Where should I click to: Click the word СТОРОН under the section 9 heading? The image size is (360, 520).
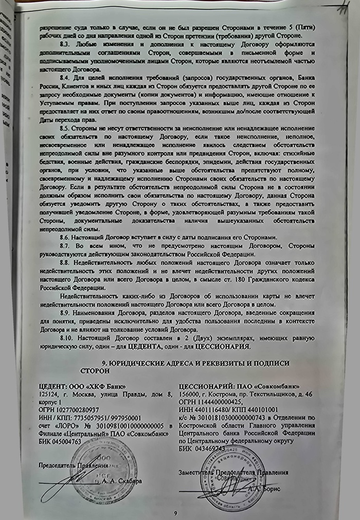pyautogui.click(x=96, y=370)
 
